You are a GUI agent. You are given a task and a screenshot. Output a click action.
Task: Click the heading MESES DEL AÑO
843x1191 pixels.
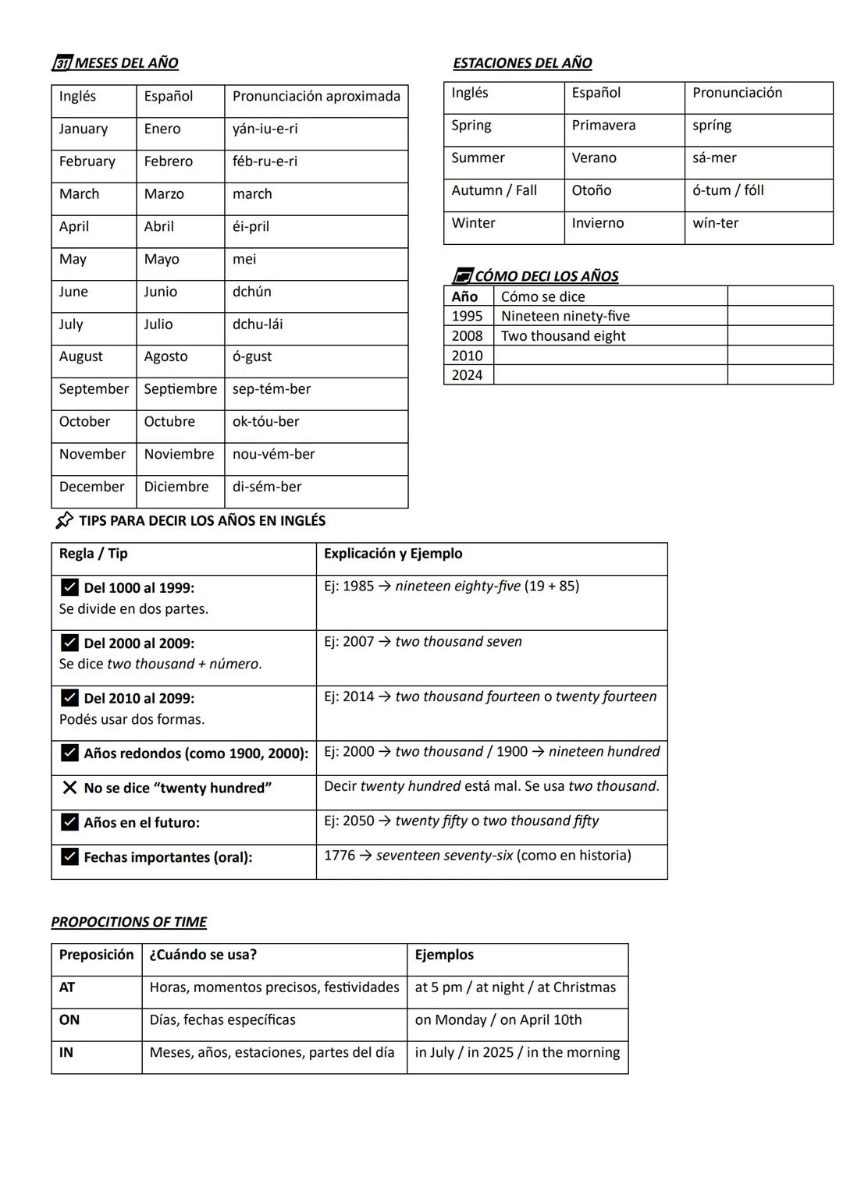[x=126, y=63]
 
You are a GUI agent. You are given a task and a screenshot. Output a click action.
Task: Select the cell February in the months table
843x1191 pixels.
[x=87, y=161]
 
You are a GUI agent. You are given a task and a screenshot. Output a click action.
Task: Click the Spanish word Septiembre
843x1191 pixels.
[x=180, y=389]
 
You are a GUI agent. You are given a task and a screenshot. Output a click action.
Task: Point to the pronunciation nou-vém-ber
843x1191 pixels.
[x=273, y=454]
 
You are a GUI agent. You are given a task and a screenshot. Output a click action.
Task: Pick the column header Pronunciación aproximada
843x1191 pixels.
[x=315, y=97]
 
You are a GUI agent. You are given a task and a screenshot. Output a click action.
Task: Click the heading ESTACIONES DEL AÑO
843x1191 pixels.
[x=522, y=63]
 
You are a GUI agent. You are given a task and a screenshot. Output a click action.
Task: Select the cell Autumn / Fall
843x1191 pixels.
[x=494, y=190]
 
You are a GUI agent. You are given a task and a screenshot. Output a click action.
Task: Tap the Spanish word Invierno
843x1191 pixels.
[x=597, y=223]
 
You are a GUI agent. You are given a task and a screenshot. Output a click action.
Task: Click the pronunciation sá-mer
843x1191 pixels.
[x=713, y=158]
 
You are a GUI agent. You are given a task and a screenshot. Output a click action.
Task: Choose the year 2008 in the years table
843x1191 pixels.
[x=467, y=336]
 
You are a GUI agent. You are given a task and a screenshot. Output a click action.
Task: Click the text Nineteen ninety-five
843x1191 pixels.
[x=565, y=317]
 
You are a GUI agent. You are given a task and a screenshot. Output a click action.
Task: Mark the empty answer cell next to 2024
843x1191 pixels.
[x=610, y=375]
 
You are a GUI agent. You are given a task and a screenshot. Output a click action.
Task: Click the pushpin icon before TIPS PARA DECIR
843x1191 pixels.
[x=65, y=520]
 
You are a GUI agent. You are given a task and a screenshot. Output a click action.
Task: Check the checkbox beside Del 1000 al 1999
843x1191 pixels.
[x=69, y=587]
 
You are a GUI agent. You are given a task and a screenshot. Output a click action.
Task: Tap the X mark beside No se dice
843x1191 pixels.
[x=69, y=788]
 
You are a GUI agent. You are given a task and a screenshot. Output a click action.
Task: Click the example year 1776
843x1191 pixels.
[x=340, y=856]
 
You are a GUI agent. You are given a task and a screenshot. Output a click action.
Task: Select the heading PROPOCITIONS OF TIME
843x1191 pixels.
[x=129, y=922]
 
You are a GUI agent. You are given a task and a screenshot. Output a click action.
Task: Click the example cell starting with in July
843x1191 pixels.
[x=517, y=1053]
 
